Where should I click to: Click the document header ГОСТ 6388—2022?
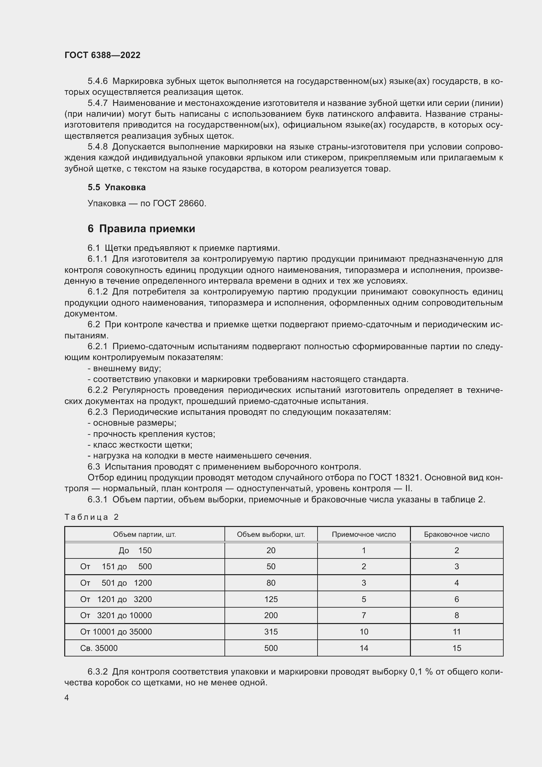(102, 55)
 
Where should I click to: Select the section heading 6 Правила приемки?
(141, 229)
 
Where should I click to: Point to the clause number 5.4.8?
(97, 147)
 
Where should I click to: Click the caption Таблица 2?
(91, 517)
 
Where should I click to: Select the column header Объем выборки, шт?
(271, 535)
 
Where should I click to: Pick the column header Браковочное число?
(456, 535)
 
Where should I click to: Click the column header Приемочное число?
(363, 535)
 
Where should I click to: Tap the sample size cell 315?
(271, 632)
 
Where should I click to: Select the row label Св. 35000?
(99, 648)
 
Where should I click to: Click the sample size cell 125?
(271, 599)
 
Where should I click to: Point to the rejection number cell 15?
(456, 648)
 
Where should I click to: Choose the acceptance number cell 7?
(363, 615)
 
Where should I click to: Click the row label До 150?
(135, 551)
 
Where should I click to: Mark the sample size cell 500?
(271, 648)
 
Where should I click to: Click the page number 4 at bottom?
(67, 698)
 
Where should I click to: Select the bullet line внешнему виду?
(124, 369)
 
